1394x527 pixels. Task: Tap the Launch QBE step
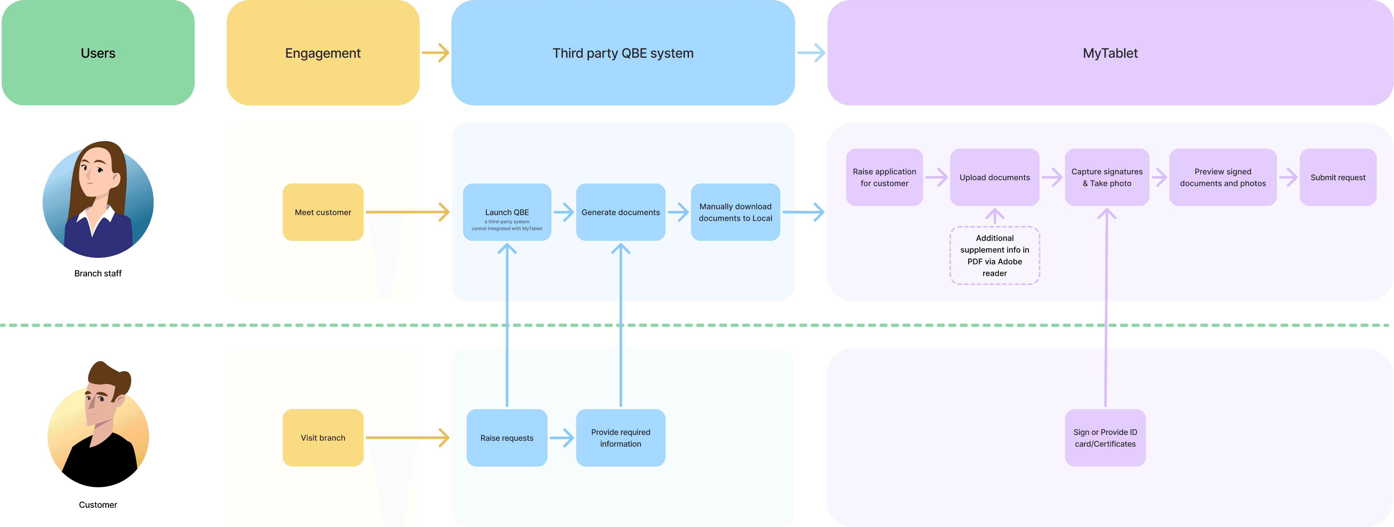point(507,212)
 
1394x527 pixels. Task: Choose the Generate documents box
point(621,212)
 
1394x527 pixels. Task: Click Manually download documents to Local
point(735,212)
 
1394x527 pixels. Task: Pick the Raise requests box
point(507,438)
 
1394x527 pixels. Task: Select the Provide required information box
point(621,438)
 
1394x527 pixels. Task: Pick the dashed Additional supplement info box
point(995,256)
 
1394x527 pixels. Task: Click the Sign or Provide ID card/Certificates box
point(1105,438)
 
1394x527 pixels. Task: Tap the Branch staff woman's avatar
point(98,199)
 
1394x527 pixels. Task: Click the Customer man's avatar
point(98,428)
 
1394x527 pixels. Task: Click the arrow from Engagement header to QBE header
point(436,52)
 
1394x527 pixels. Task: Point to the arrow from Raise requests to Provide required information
point(562,438)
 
